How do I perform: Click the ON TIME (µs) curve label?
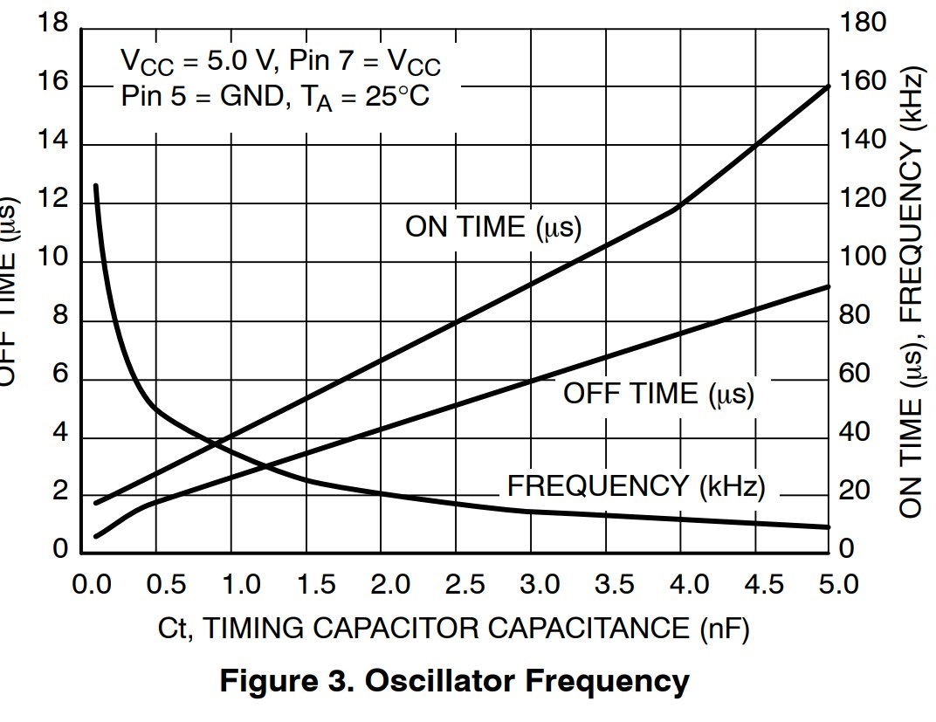click(x=493, y=227)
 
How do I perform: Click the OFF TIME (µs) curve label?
click(x=657, y=393)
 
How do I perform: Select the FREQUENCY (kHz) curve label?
click(x=636, y=486)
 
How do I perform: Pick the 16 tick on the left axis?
click(x=52, y=85)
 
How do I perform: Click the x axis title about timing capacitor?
click(x=453, y=628)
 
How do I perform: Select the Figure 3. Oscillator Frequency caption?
click(x=454, y=681)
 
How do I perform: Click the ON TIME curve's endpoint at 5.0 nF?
click(x=827, y=86)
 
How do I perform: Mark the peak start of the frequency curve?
click(x=95, y=186)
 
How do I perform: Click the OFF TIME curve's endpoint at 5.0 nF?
click(x=827, y=286)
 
